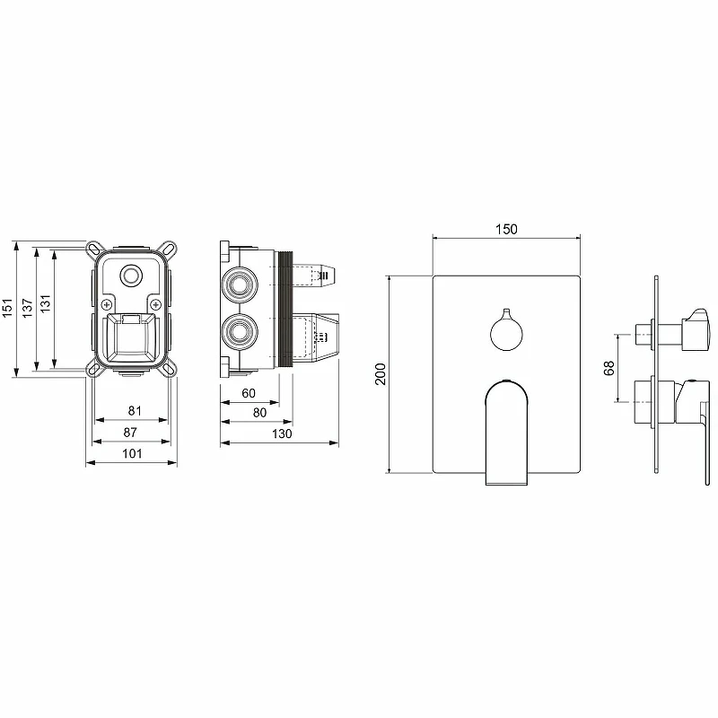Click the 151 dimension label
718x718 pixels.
(7, 308)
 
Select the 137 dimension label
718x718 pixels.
(28, 308)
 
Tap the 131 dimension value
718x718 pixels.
(45, 303)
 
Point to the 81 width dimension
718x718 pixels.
(135, 411)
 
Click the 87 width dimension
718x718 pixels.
(130, 432)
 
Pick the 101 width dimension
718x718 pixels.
(132, 453)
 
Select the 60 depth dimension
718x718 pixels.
(249, 393)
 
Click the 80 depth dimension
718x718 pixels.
(259, 413)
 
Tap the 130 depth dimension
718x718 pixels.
(282, 433)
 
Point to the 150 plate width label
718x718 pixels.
(506, 229)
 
